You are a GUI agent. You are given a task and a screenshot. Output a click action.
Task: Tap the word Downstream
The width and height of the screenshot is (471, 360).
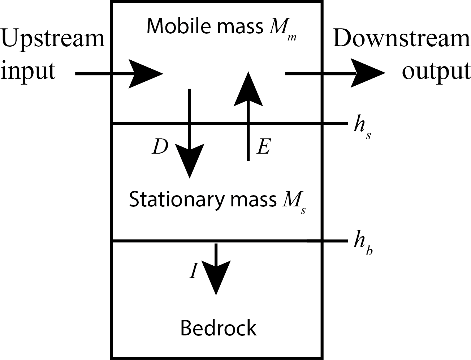[401, 39]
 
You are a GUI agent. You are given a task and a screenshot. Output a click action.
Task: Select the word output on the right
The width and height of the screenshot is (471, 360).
[436, 70]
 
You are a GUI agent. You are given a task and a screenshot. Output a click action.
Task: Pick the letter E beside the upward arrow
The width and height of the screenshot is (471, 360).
[263, 147]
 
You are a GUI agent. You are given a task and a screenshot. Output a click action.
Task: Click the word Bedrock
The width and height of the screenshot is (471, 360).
[218, 328]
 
